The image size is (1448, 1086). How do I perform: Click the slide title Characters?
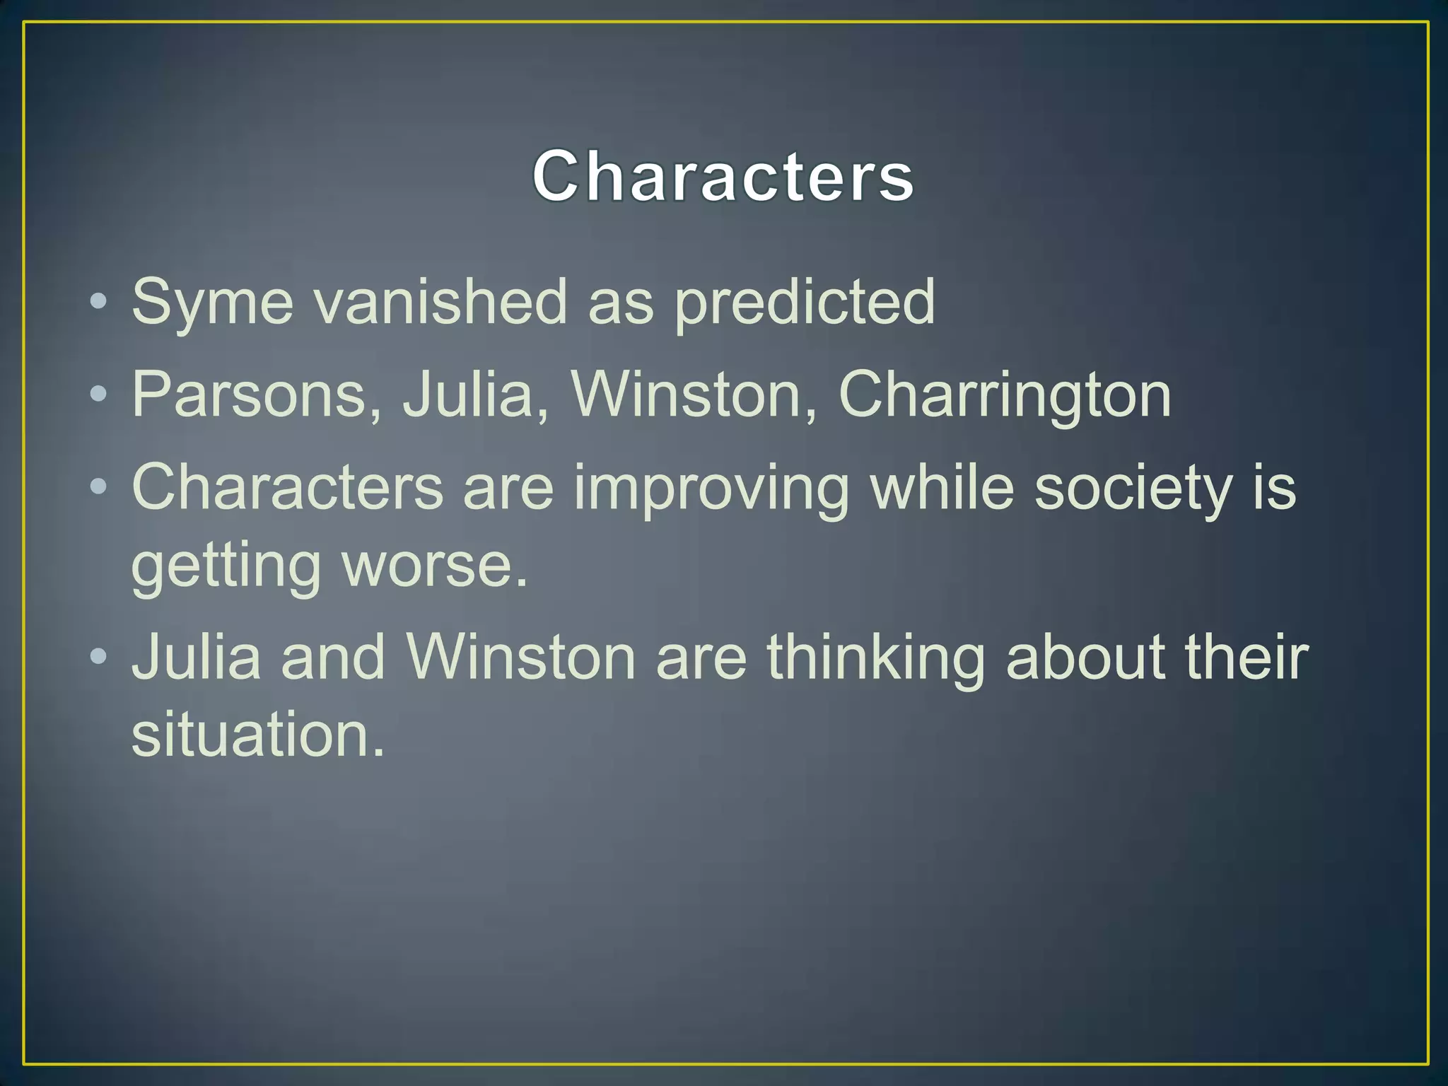point(723,177)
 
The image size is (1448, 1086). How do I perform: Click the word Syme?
point(212,303)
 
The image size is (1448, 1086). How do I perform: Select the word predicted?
point(804,303)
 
